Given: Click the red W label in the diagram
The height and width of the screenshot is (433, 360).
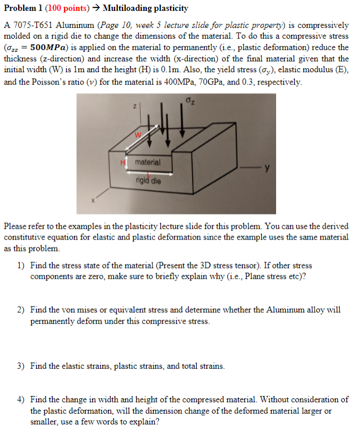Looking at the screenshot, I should click(x=136, y=134).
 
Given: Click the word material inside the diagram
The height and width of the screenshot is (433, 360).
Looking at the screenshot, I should click(x=148, y=162).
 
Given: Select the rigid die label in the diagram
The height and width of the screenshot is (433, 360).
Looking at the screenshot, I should click(x=149, y=181).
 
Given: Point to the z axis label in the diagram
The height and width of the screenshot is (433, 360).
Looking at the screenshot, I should click(x=134, y=106).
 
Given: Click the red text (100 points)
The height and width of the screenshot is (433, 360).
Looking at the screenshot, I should click(x=64, y=9).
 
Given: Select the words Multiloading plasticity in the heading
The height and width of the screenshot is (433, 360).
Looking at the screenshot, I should click(x=146, y=9).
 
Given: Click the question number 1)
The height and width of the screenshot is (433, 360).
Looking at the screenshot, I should click(x=20, y=265).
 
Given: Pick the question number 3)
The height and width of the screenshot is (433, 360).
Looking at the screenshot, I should click(x=20, y=366).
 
